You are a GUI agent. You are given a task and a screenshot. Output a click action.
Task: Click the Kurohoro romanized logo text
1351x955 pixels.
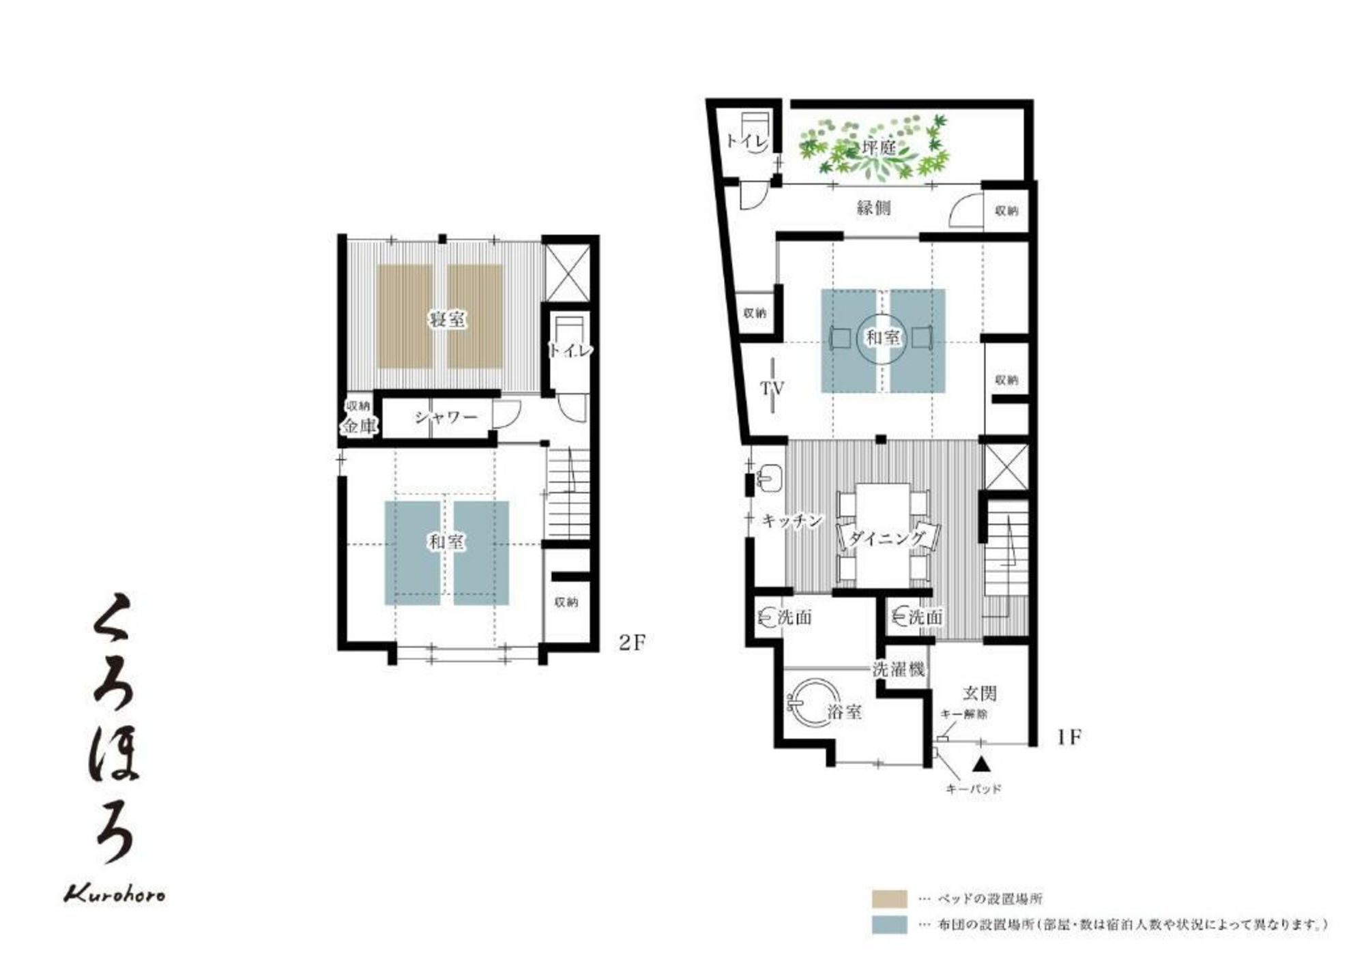point(115,894)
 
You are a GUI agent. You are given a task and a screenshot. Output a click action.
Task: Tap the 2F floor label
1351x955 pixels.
point(631,643)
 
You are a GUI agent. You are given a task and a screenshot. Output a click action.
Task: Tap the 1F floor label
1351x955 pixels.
point(1069,737)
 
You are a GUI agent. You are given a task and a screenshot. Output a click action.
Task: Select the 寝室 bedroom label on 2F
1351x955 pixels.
point(448,319)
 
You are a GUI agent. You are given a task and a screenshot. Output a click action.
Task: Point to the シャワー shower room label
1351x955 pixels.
point(446,416)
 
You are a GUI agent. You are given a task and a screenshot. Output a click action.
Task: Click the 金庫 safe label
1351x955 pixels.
point(359,427)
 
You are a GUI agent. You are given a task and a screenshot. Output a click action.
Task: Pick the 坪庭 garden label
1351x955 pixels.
point(879,147)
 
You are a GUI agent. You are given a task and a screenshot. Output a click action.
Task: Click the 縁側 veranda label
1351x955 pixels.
point(874,207)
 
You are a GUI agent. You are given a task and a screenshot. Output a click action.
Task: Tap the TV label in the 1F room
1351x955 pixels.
point(772,388)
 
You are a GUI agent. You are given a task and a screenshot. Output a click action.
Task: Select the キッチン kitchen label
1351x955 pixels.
point(792,520)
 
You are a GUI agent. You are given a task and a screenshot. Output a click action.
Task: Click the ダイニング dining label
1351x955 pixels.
point(887,538)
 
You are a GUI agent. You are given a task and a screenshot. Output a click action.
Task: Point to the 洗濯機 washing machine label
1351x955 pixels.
point(899,669)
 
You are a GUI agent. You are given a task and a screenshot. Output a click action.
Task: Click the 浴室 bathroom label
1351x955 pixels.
point(845,712)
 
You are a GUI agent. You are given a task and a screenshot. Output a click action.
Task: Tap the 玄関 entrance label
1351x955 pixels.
point(980,694)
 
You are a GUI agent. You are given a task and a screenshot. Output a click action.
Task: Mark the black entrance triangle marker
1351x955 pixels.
point(981,763)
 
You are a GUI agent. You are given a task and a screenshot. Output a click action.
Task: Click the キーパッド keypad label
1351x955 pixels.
point(974,789)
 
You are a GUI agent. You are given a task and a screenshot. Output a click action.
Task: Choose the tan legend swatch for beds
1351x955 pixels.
point(889,898)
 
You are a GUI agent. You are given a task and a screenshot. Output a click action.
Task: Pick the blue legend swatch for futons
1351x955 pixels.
point(889,925)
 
